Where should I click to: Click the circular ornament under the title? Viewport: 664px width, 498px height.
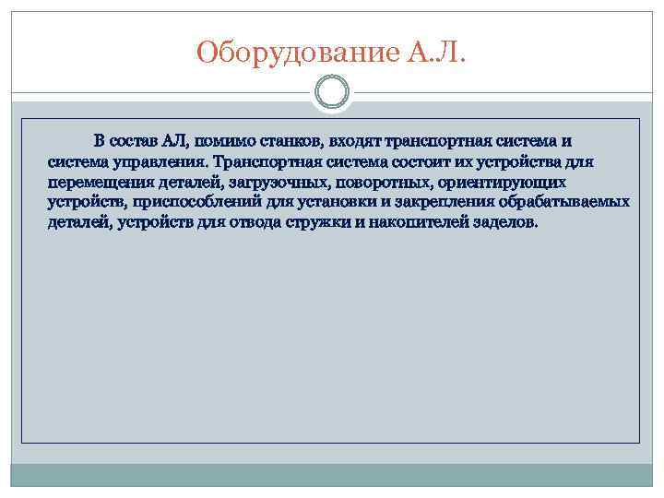332,93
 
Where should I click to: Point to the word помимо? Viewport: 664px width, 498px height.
224,141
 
